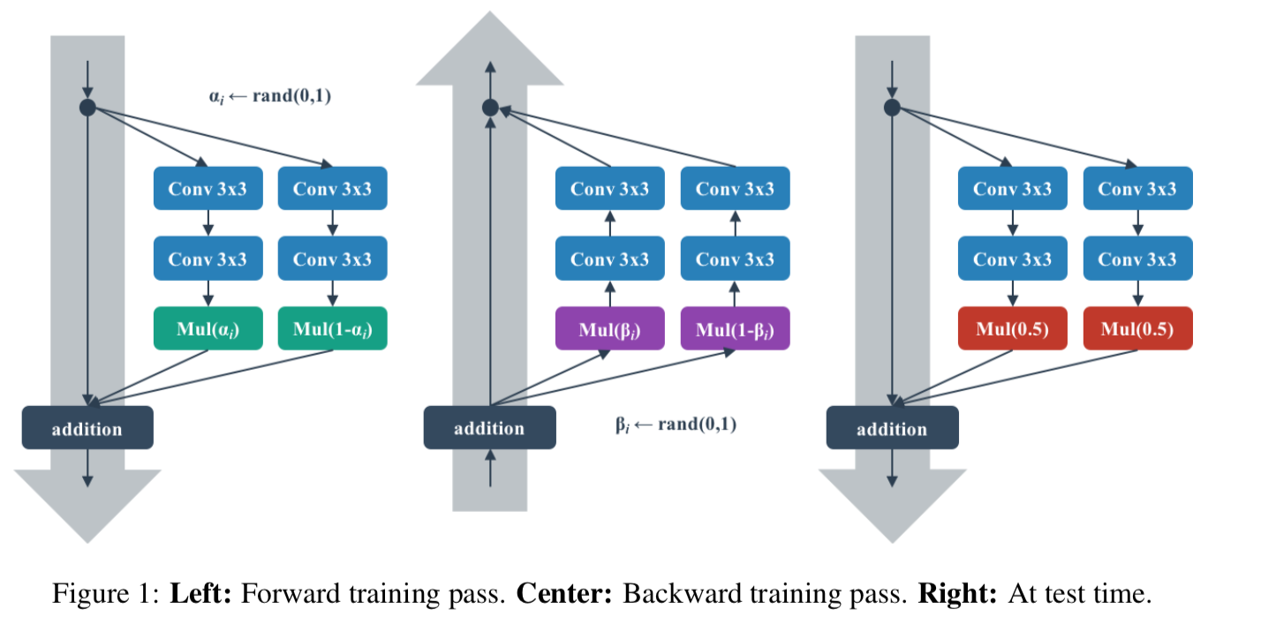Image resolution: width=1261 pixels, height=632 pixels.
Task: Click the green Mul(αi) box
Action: (208, 328)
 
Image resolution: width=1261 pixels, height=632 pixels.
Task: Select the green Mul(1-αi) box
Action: (332, 328)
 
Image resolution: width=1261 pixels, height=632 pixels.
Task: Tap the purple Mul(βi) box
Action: (610, 328)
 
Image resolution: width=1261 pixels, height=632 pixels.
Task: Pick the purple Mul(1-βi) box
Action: (735, 328)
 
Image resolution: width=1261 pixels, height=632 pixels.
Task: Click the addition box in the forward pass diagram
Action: (87, 428)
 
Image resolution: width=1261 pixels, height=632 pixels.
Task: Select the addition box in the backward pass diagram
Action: (490, 428)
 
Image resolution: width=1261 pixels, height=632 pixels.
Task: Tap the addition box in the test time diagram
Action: (892, 428)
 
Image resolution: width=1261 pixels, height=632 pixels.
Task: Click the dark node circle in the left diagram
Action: (87, 108)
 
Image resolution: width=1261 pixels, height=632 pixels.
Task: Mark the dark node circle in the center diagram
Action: (490, 108)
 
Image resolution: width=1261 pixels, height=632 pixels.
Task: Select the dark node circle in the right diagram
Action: (892, 108)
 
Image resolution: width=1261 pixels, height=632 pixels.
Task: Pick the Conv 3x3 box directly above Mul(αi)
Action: (208, 260)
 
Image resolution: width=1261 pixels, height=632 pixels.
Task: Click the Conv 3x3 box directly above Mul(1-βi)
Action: (735, 260)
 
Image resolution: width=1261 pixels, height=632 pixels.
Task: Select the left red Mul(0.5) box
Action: (1013, 328)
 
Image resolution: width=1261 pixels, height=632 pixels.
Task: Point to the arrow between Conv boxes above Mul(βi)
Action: (610, 224)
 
